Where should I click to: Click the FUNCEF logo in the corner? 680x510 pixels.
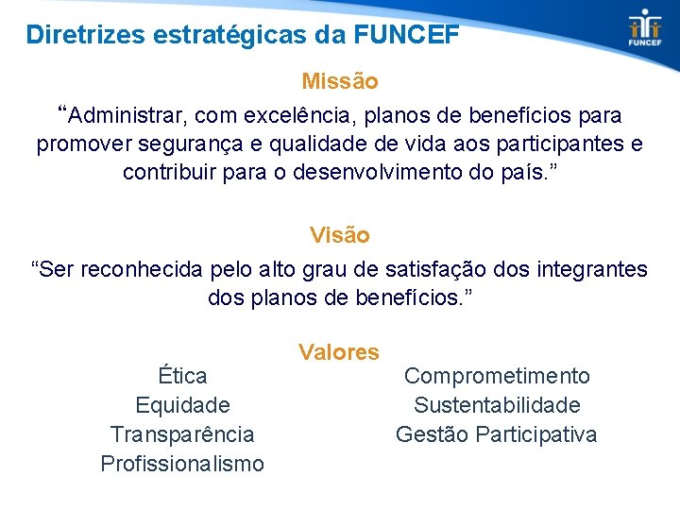point(646,27)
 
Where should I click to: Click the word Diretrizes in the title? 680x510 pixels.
point(78,36)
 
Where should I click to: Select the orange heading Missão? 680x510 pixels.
point(340,82)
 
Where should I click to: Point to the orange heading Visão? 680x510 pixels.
point(340,234)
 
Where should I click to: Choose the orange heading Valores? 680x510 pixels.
point(339,352)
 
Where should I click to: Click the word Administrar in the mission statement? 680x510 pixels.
point(128,116)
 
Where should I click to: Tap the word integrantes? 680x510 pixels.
point(590,269)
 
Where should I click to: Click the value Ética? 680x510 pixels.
point(182,376)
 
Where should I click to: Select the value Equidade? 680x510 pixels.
point(182,405)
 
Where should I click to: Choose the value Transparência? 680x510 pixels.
point(182,434)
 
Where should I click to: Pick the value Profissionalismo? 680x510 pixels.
point(182,464)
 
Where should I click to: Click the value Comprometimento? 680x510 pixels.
point(497,376)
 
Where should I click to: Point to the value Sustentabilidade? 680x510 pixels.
point(497,405)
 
